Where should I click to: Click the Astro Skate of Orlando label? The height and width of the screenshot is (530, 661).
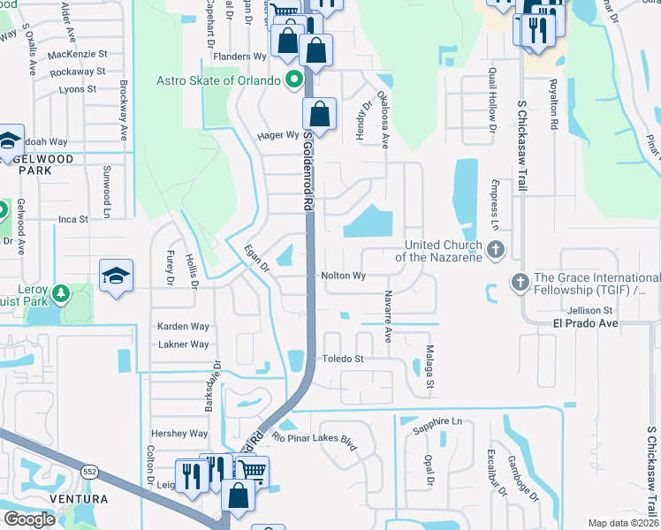tap(218, 80)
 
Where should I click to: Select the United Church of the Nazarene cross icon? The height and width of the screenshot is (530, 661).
tap(495, 250)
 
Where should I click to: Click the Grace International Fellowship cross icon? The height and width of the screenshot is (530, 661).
tap(519, 283)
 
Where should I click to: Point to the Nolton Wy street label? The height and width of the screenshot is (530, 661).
tap(344, 276)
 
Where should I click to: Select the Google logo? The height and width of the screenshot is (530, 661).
tap(29, 519)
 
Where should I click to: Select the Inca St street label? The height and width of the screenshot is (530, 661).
tap(73, 218)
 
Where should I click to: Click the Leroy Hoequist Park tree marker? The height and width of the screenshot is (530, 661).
tap(61, 291)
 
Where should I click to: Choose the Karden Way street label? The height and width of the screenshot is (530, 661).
tap(183, 327)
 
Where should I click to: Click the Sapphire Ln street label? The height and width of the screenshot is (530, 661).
tap(438, 424)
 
